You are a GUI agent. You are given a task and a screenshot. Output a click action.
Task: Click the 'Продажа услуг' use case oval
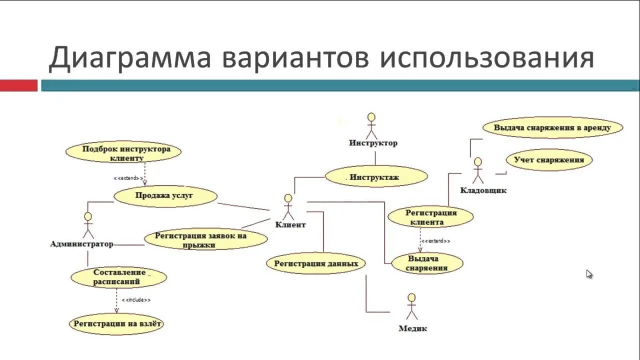click(165, 196)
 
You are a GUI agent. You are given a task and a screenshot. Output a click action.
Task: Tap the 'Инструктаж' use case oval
click(376, 176)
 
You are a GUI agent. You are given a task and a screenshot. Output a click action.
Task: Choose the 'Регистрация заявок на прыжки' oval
click(205, 239)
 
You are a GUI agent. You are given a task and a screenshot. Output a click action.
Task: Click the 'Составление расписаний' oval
click(118, 277)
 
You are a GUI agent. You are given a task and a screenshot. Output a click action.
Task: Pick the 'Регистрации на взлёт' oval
click(117, 323)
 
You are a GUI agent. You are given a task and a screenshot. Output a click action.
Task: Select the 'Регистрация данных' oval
click(315, 263)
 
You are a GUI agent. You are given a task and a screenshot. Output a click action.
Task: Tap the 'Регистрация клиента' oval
click(430, 217)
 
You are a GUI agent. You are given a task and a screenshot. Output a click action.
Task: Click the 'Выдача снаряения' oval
click(426, 263)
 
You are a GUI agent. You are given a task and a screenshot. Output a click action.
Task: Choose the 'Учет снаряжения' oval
click(548, 160)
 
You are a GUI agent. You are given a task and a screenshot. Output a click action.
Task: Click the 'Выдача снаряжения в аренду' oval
click(552, 127)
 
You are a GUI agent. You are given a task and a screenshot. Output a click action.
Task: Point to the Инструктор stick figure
click(371, 126)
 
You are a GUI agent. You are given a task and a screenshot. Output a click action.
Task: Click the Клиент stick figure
click(288, 206)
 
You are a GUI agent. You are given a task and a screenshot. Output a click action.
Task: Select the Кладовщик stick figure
click(478, 170)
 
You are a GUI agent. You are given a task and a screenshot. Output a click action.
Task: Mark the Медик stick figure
click(411, 306)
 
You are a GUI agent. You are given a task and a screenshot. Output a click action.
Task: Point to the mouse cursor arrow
click(589, 273)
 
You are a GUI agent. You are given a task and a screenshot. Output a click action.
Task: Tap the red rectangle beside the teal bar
click(18, 85)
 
